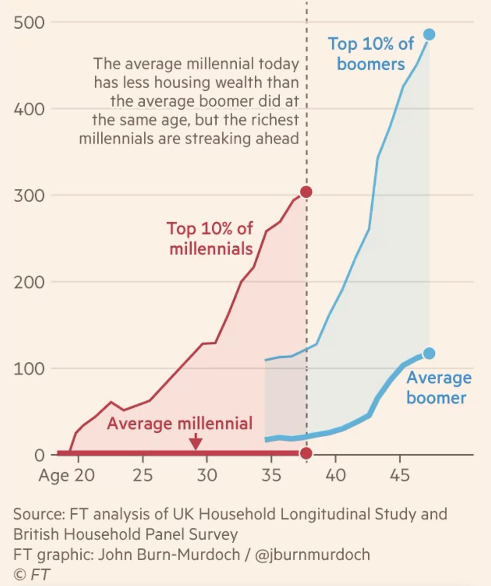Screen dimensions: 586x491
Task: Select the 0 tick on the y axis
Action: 40,455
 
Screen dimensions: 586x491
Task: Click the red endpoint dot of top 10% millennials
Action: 306,192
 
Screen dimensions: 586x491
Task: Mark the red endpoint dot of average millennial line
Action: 306,454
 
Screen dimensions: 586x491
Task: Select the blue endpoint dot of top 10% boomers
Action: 429,34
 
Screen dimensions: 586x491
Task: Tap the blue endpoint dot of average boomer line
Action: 429,353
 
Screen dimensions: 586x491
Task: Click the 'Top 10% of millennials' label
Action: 210,238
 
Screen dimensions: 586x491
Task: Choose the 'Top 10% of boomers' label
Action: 371,54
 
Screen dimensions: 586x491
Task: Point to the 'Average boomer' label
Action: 436,387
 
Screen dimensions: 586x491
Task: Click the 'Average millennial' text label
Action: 179,423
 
